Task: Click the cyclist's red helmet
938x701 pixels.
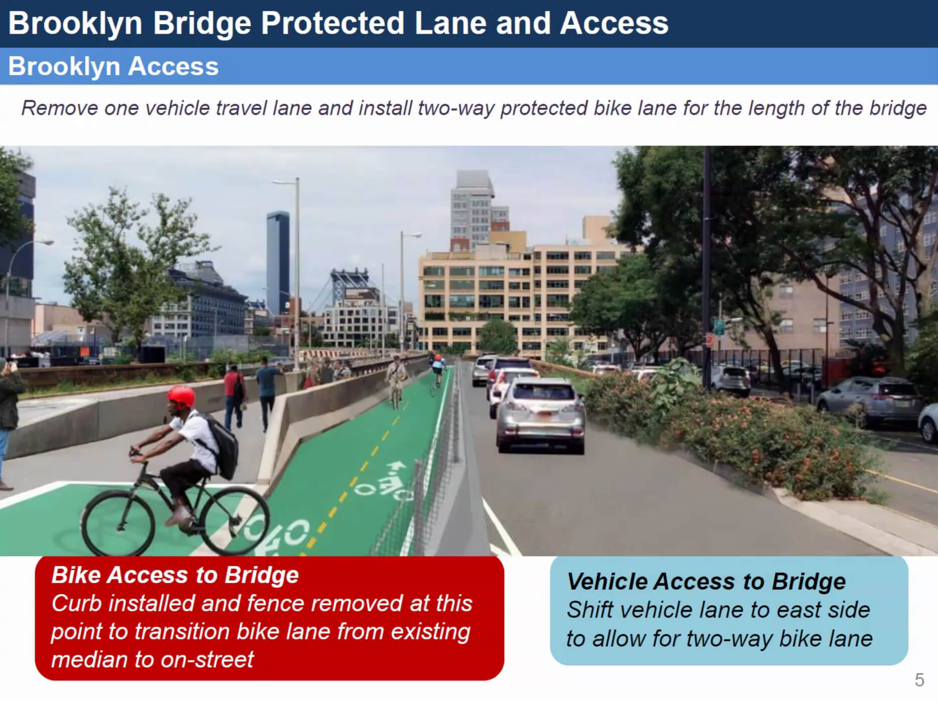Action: tap(181, 397)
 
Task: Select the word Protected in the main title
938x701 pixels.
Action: tap(333, 23)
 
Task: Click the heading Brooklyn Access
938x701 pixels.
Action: tap(113, 66)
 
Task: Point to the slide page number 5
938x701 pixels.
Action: tap(919, 680)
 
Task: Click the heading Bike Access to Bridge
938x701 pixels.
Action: tap(175, 575)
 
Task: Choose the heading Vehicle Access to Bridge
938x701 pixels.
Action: tap(706, 582)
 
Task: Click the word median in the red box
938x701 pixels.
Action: tap(89, 659)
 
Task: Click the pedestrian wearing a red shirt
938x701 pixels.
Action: tap(234, 397)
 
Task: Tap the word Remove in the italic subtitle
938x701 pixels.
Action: tap(59, 108)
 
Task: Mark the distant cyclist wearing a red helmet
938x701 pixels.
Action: tap(438, 371)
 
